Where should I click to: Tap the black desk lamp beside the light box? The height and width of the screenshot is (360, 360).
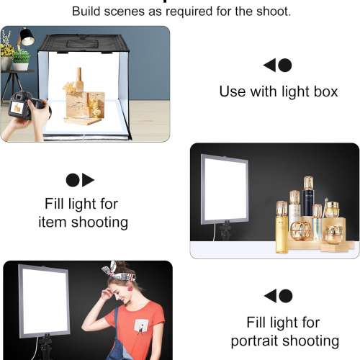(27, 37)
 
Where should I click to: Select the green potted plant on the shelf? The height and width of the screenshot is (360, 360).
(21, 57)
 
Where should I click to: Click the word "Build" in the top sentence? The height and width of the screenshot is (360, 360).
(87, 12)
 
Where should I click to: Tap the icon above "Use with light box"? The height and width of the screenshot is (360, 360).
(278, 66)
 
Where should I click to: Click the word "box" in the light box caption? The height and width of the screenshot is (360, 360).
(324, 92)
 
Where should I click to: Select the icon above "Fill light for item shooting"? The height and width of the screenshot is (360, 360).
(80, 180)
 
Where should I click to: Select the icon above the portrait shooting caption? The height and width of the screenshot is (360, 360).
(278, 296)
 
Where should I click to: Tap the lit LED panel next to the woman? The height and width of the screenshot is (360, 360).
(44, 300)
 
